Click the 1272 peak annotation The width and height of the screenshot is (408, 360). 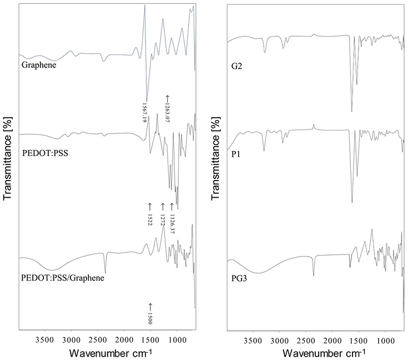point(163,214)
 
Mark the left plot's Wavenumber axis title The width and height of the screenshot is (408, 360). point(108,353)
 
